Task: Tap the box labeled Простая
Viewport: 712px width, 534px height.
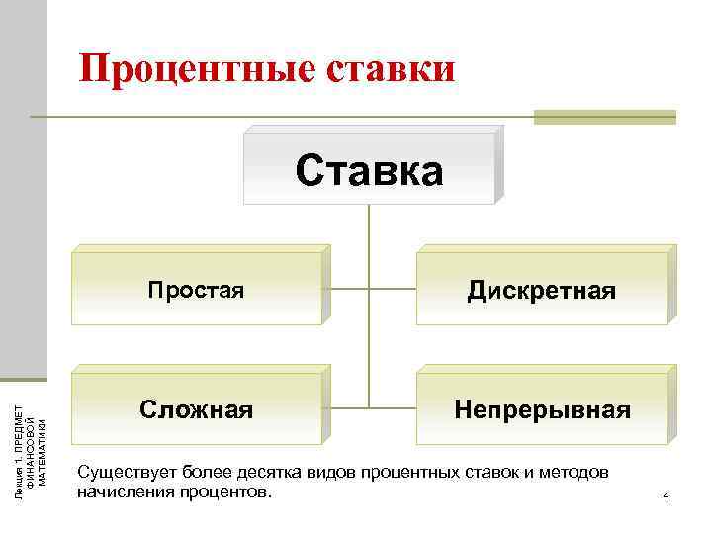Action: click(x=197, y=290)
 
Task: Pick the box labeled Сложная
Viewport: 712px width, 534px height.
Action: click(x=197, y=408)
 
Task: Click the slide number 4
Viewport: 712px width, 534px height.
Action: click(x=667, y=494)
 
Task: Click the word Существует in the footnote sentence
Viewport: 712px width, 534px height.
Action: click(x=120, y=472)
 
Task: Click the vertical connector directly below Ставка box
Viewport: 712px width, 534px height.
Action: click(x=369, y=227)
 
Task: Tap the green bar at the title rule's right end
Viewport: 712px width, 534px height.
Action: click(x=604, y=117)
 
